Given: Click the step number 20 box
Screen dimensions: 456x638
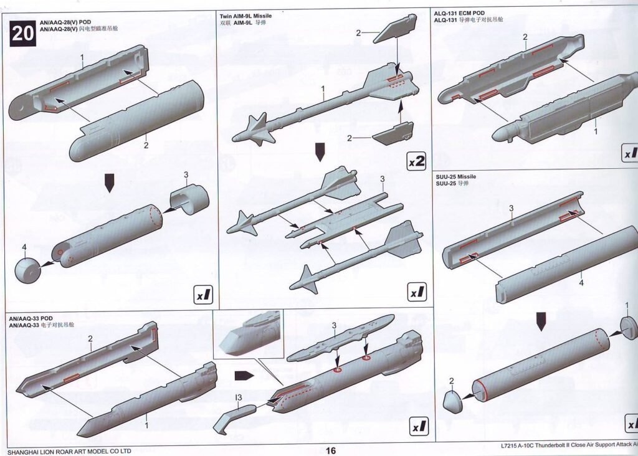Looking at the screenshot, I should tap(22, 33).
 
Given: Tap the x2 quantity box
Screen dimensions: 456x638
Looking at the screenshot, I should tap(416, 161).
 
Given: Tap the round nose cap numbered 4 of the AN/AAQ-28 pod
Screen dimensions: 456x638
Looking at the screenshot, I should tap(27, 268).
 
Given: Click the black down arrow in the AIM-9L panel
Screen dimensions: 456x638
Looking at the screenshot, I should tap(320, 151).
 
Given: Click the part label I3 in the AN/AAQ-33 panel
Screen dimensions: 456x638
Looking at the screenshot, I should tap(239, 397).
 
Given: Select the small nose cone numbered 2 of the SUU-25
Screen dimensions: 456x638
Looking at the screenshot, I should tap(453, 400).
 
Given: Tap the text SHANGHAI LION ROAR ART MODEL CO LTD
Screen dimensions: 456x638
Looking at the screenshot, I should tap(70, 451).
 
